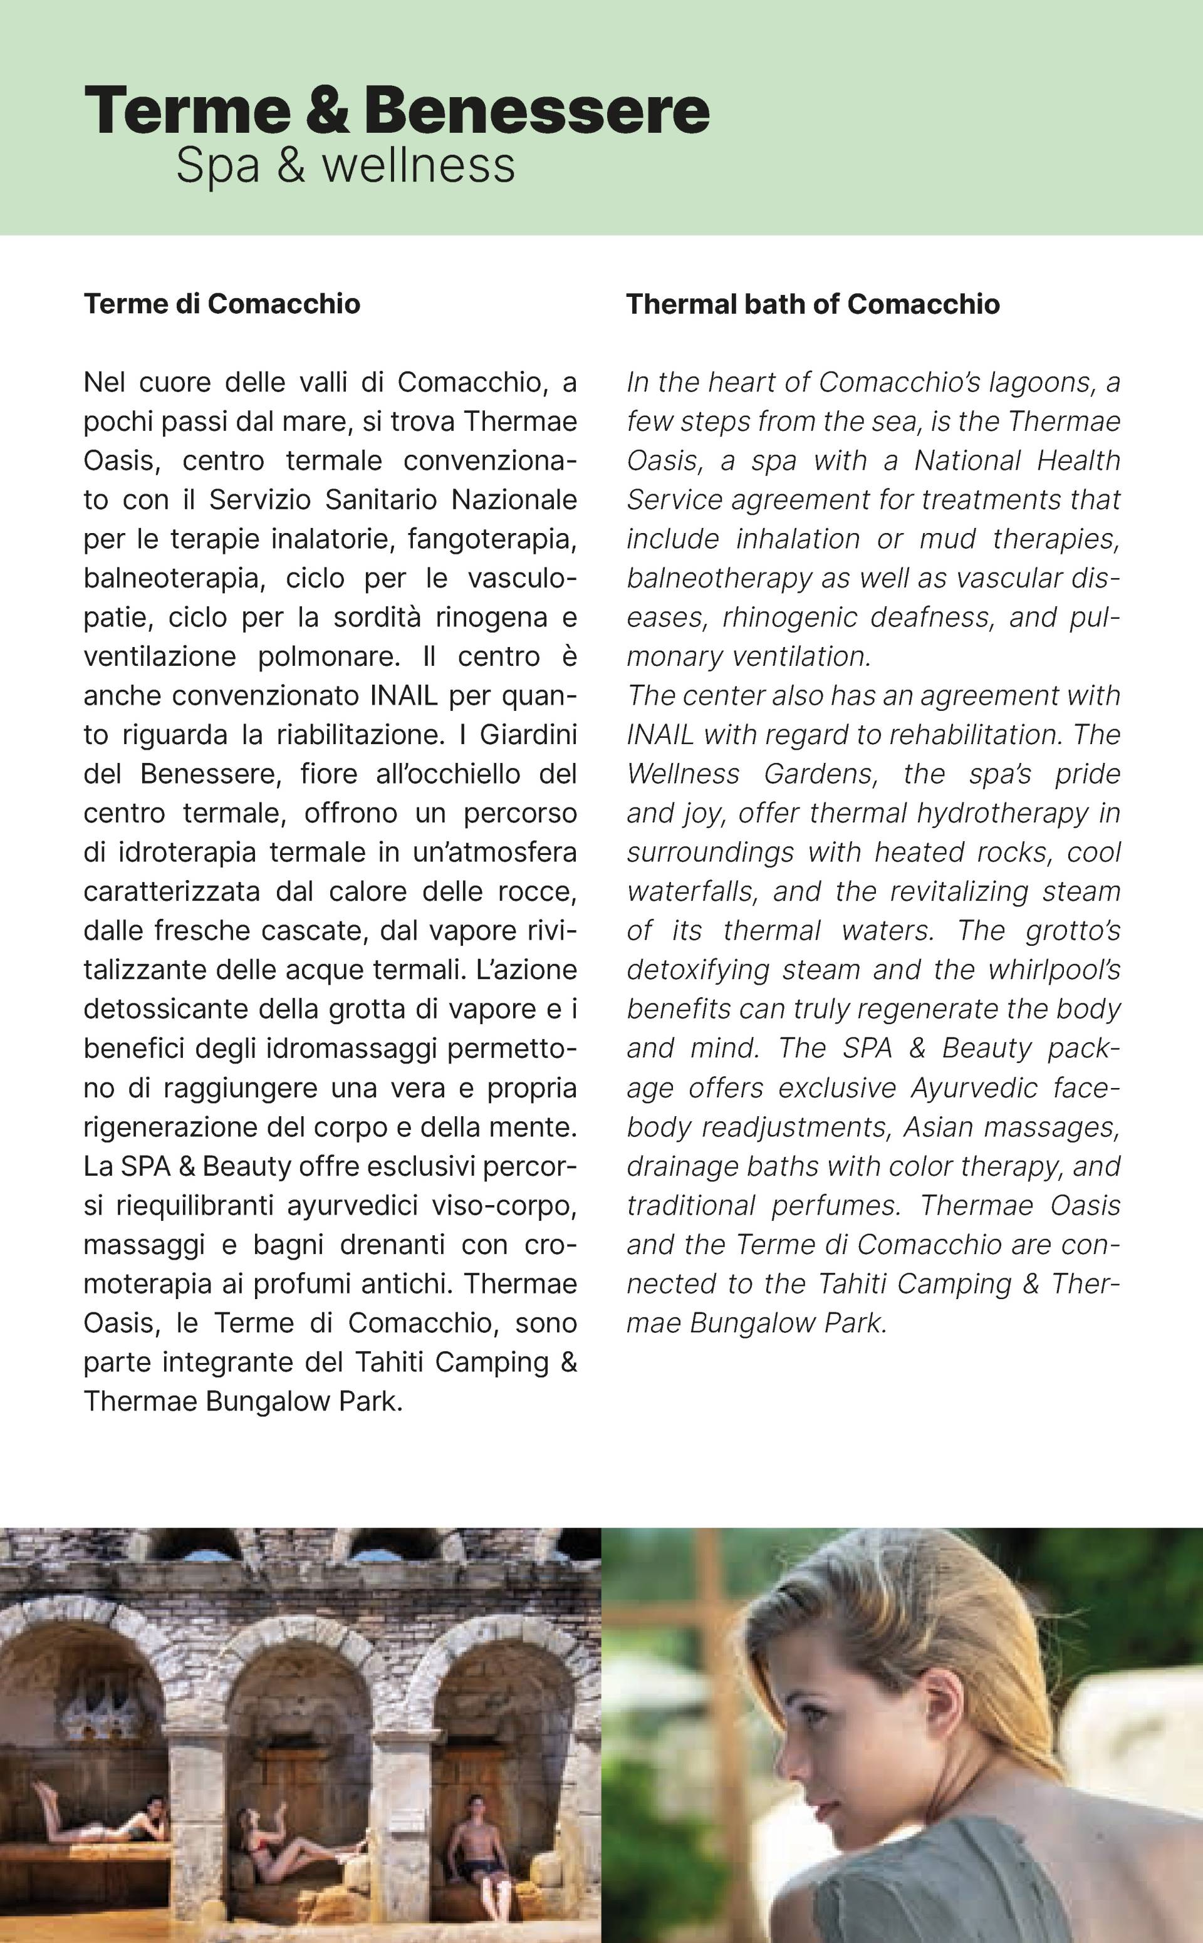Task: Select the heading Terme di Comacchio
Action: (x=222, y=304)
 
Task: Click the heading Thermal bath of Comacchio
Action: (x=813, y=304)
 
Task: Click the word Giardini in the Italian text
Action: (x=528, y=735)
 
